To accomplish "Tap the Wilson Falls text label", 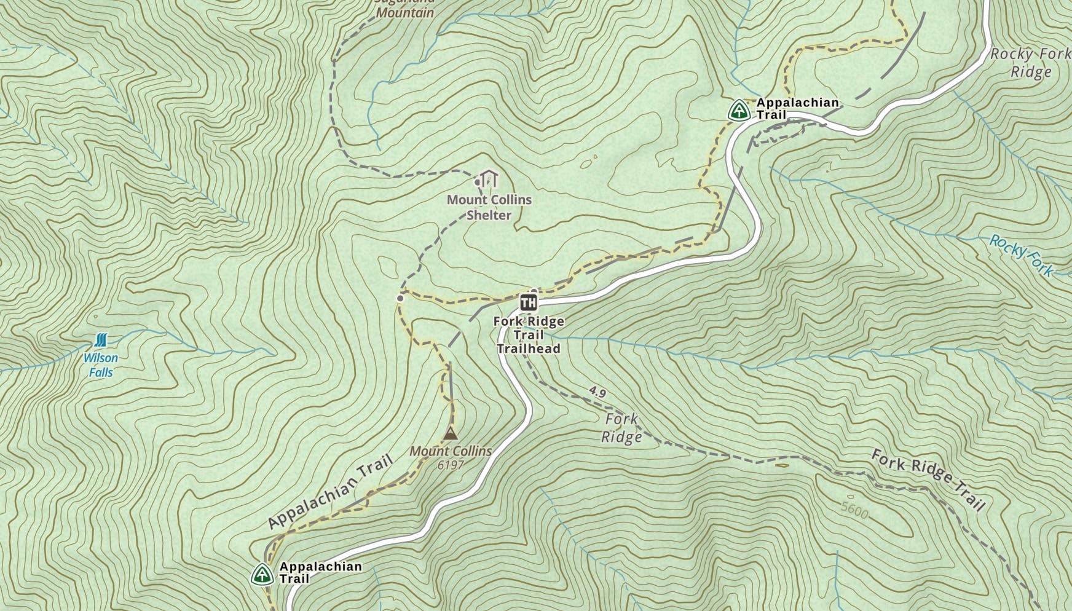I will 101,365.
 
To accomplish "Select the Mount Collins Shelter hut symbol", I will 488,179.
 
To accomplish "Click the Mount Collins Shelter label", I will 489,207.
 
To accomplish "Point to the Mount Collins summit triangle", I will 451,434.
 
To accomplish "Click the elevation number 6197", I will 451,465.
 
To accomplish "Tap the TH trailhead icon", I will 528,302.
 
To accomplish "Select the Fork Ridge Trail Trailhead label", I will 529,335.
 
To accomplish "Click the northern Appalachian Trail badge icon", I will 738,110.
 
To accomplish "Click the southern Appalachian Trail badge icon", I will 262,574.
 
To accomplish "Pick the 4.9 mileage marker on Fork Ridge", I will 597,392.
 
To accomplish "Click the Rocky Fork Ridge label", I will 1030,63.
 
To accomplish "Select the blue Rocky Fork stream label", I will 1021,255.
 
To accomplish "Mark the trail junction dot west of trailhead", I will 400,298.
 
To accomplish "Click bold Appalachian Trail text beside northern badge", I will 797,108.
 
